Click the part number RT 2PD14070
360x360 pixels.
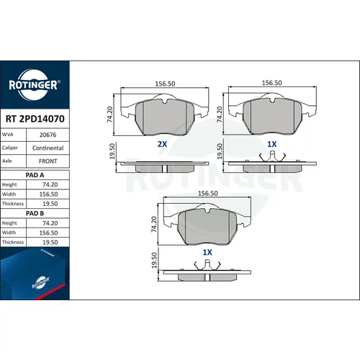[x=35, y=119]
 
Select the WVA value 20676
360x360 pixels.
[x=48, y=135]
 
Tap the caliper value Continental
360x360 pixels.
[x=48, y=148]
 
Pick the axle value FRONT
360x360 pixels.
[x=48, y=161]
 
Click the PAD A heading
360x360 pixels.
[x=35, y=175]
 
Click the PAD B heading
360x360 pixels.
[x=35, y=213]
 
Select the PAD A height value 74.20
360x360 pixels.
[x=50, y=184]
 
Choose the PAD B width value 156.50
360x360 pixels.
[x=48, y=233]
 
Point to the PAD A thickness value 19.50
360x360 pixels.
[x=50, y=204]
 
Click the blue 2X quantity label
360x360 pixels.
[x=162, y=144]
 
